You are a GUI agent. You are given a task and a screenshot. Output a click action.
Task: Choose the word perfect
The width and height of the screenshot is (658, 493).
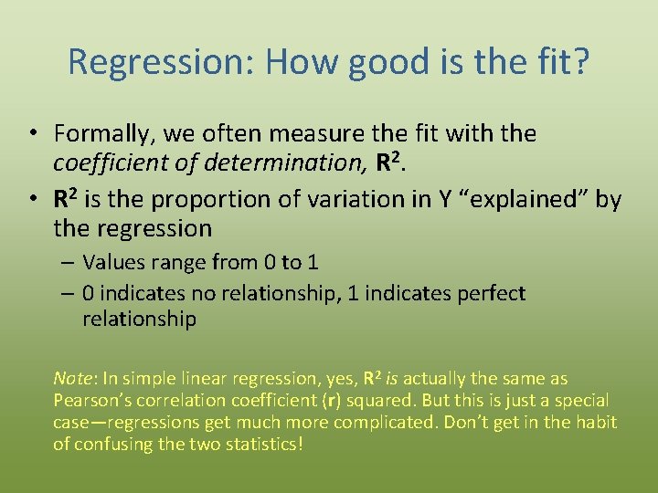[x=490, y=294]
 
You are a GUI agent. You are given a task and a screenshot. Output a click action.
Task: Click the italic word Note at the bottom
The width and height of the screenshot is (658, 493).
[x=73, y=379]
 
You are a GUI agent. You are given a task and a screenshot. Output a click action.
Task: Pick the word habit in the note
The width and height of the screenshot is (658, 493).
[x=594, y=423]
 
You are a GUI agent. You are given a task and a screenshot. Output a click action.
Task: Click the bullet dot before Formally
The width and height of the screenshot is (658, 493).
[x=32, y=134]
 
